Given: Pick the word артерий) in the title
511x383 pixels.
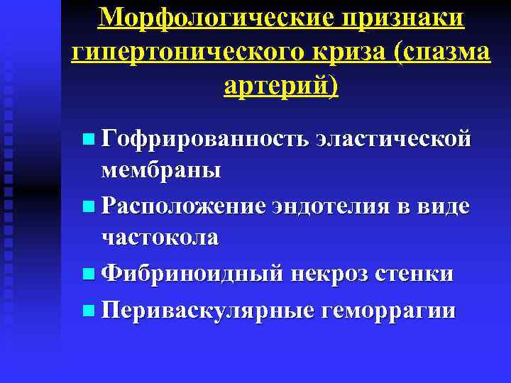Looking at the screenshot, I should coord(281,87).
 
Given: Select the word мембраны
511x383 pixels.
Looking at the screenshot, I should coord(161,171).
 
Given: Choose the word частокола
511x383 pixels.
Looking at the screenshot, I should coord(159,238).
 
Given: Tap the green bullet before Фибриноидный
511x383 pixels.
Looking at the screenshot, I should coord(87,274).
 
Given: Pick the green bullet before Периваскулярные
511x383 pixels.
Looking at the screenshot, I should coord(87,311).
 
